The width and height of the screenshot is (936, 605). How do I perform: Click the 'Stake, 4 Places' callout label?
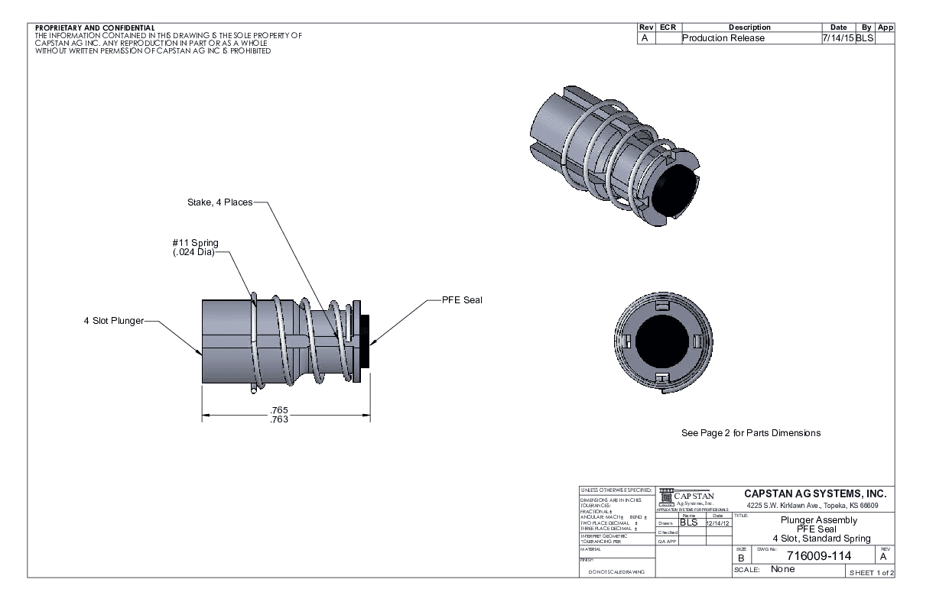click(x=219, y=203)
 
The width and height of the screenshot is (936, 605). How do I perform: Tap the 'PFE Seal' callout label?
click(x=462, y=299)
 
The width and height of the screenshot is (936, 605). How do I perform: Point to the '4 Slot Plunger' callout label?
click(x=114, y=321)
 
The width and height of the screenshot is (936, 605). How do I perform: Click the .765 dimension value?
click(x=279, y=411)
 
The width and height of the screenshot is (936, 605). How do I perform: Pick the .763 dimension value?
click(x=279, y=419)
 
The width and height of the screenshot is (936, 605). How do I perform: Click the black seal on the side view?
click(x=366, y=340)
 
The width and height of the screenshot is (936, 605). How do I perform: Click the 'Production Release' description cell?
click(x=723, y=38)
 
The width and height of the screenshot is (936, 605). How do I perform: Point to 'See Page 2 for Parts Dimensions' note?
click(x=750, y=433)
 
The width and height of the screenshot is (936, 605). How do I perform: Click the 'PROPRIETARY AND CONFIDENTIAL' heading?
click(x=95, y=28)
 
